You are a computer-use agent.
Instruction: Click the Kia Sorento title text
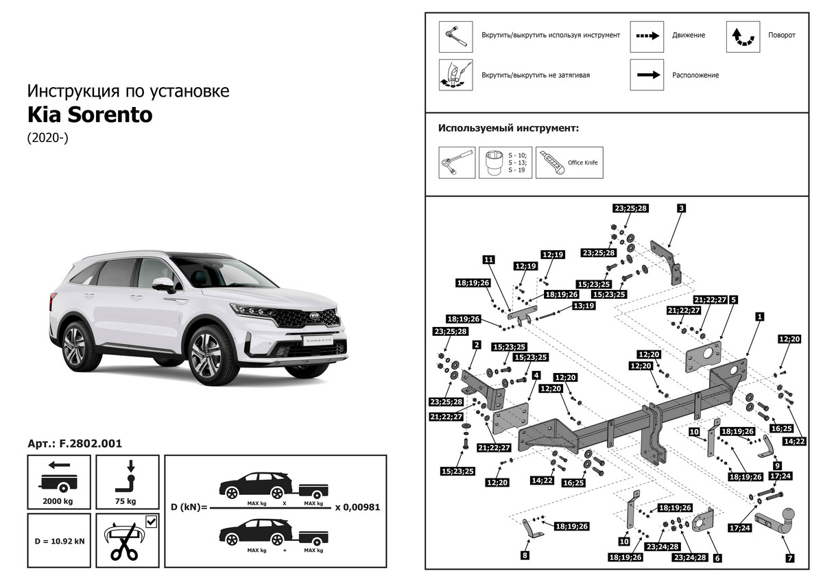(90, 114)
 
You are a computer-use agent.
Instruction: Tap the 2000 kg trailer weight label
(58, 501)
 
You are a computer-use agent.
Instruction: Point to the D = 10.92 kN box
(60, 541)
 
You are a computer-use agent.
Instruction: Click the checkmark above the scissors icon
(151, 522)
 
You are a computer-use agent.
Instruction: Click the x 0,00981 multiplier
(357, 507)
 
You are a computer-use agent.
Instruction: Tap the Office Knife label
(583, 163)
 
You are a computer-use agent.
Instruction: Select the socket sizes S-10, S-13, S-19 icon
(505, 162)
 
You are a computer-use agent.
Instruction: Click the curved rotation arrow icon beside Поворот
(743, 36)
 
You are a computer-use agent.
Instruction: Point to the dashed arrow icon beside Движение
(647, 36)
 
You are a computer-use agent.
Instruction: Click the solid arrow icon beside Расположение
(647, 75)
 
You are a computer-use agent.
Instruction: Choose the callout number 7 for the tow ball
(789, 558)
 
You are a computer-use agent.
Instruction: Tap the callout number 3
(681, 208)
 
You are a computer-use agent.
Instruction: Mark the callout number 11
(488, 260)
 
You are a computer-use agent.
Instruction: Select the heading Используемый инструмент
(508, 128)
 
